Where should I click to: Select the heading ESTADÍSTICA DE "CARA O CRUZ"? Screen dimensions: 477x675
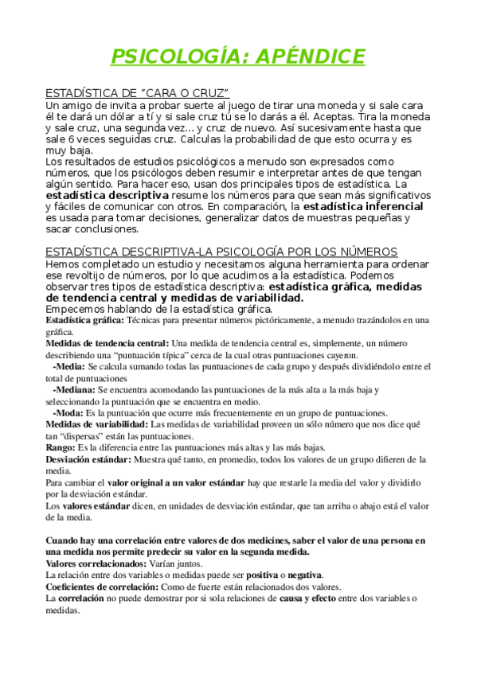pos(137,93)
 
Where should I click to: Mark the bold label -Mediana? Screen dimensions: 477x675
pos(74,390)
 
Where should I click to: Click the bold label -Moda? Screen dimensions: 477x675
pos(68,413)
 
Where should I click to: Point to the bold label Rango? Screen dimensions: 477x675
pos(61,448)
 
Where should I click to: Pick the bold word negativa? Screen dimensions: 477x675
pos(305,576)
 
